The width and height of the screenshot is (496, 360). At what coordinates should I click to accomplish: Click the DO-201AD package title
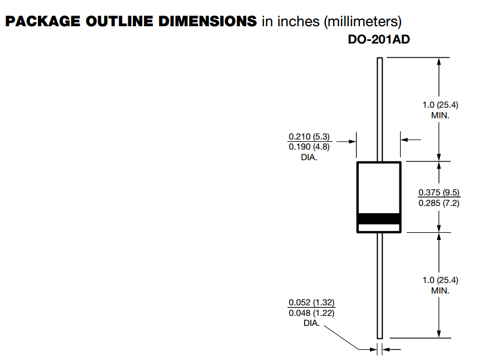tap(379, 39)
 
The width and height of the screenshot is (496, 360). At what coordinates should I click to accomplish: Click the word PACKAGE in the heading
tap(43, 21)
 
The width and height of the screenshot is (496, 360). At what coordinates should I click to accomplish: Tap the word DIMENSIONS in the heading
tap(208, 21)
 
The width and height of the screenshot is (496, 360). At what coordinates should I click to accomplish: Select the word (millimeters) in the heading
tap(363, 22)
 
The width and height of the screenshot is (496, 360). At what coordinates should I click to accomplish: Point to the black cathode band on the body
tap(379, 219)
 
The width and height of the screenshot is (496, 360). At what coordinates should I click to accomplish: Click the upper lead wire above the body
tap(379, 109)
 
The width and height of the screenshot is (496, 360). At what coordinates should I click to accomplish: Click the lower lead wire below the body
tap(379, 285)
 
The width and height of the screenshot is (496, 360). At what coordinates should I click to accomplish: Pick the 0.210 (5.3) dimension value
tap(309, 137)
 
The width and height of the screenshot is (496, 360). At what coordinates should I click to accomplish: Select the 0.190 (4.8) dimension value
tap(309, 147)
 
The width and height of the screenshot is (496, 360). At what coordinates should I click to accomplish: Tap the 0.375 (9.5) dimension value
tap(439, 193)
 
